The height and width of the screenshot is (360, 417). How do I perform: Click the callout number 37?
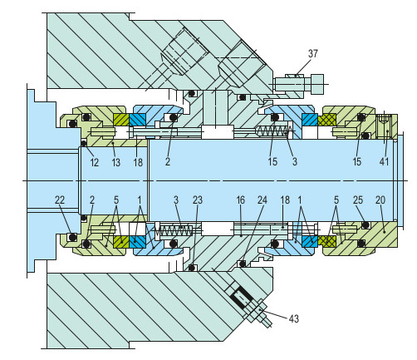(312, 54)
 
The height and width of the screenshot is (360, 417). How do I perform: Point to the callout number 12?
(94, 163)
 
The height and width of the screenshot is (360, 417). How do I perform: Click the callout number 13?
(116, 163)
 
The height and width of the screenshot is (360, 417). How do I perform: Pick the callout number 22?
(60, 200)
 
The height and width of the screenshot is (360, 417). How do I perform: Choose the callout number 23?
(197, 200)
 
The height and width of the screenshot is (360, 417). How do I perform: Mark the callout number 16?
(241, 200)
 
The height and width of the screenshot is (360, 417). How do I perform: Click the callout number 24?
(262, 200)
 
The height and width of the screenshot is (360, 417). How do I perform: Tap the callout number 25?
(357, 200)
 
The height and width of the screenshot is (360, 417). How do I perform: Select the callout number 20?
(380, 200)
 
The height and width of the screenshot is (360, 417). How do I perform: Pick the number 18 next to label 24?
(285, 200)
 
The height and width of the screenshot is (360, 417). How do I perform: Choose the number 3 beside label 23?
(175, 200)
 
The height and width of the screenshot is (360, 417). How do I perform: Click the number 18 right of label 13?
(139, 163)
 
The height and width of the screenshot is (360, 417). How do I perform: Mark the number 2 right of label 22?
(92, 200)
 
